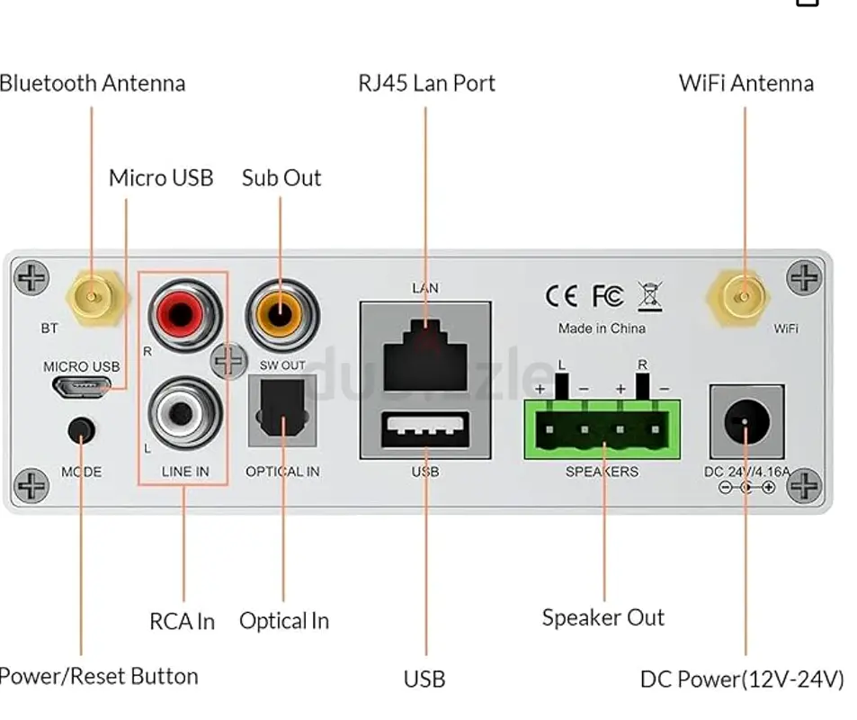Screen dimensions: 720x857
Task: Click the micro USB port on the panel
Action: coord(81,388)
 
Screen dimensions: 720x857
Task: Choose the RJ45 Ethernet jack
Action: coord(425,356)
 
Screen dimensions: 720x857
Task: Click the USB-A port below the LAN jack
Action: coord(425,431)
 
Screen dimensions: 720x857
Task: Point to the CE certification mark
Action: coord(563,296)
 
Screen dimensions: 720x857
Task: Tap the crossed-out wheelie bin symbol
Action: coord(649,296)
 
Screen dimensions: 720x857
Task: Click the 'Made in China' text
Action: coord(602,328)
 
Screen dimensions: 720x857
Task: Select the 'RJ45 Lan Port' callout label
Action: coord(426,84)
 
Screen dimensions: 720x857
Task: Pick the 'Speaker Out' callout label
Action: coord(603,618)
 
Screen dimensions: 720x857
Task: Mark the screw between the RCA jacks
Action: coord(228,361)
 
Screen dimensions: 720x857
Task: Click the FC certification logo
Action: coord(607,296)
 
